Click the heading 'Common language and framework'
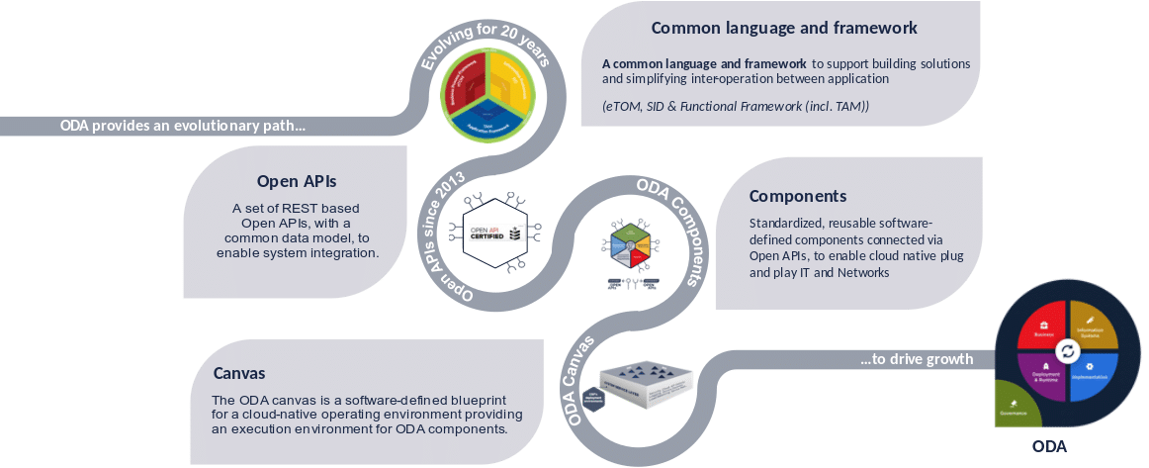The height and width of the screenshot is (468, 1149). (x=784, y=28)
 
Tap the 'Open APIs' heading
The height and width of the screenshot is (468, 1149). (x=297, y=181)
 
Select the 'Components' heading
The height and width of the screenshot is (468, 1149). (x=797, y=196)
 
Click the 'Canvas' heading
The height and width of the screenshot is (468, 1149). (x=239, y=374)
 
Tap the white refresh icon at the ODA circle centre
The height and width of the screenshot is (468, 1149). (x=1068, y=351)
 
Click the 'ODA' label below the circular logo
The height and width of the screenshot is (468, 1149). (x=1049, y=446)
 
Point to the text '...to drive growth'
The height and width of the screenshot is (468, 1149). (x=917, y=359)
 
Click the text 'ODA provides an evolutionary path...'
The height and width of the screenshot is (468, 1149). (x=183, y=126)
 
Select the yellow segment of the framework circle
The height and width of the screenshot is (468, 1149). (x=509, y=81)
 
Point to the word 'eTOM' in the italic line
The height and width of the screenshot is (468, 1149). (x=623, y=106)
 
